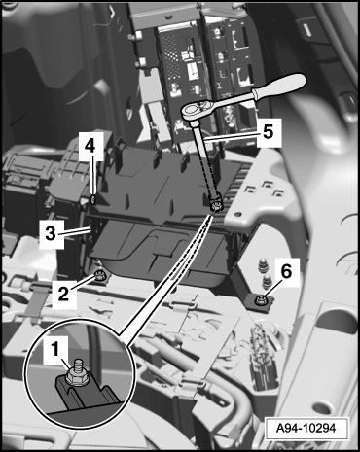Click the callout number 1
click(55, 350)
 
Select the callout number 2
click(63, 294)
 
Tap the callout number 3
click(51, 233)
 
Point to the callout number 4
click(90, 147)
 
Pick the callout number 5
click(268, 132)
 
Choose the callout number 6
click(286, 271)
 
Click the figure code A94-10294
click(306, 429)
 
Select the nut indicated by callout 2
click(98, 276)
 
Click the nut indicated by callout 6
click(261, 300)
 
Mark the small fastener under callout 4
click(93, 200)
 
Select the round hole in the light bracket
click(238, 215)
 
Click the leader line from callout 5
click(231, 136)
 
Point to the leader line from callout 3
click(77, 232)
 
